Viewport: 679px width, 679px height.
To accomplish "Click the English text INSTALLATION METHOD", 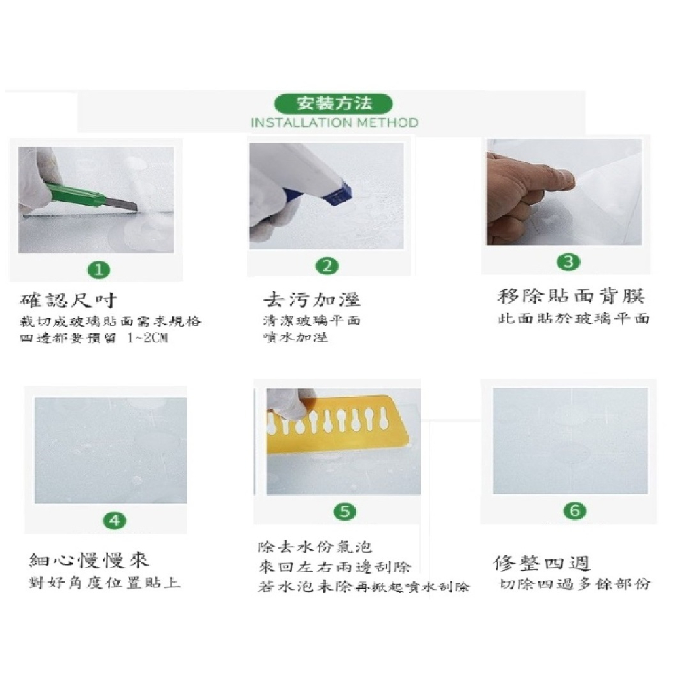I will coord(334,123).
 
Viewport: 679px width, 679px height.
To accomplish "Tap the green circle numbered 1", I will coord(99,270).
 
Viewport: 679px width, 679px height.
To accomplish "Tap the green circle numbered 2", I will coord(328,266).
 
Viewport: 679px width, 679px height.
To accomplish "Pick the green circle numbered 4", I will coord(113,520).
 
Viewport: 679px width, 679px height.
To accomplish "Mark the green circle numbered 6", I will coord(574,511).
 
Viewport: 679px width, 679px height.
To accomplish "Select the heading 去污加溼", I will coord(312,299).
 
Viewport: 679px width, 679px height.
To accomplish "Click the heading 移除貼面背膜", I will coord(571,296).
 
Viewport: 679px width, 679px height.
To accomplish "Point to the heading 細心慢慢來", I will coord(89,560).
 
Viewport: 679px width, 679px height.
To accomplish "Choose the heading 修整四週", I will coord(542,563).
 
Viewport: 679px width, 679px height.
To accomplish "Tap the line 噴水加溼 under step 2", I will coord(295,337).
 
